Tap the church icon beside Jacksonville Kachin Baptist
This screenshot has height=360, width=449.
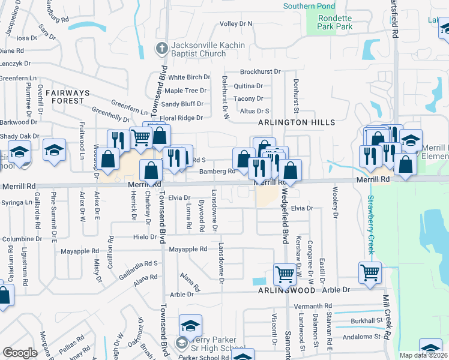(161, 49)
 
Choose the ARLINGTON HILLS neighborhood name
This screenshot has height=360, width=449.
(297, 122)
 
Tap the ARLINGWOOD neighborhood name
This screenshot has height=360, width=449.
(288, 290)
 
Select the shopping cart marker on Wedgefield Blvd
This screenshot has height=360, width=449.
(285, 274)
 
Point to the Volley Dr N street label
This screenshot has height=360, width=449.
(236, 24)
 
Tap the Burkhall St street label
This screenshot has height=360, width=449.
(367, 321)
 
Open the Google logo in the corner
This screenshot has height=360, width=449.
(20, 353)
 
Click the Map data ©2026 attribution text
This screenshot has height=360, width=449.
(423, 355)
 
